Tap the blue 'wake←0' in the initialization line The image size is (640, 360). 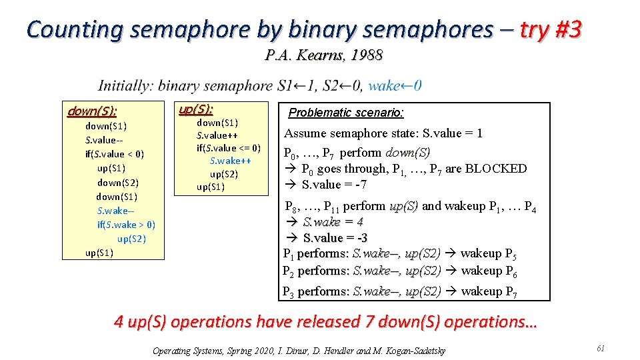395,85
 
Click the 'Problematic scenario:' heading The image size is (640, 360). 346,113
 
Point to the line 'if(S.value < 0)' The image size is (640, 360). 115,154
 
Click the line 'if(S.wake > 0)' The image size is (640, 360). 126,225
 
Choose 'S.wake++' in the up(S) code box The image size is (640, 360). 230,161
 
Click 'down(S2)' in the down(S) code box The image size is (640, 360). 117,182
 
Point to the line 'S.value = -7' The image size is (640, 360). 334,185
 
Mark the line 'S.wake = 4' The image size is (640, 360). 333,222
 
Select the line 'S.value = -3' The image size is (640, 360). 334,238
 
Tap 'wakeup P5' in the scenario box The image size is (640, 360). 489,253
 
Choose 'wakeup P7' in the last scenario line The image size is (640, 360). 489,291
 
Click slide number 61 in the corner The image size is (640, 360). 601,349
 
